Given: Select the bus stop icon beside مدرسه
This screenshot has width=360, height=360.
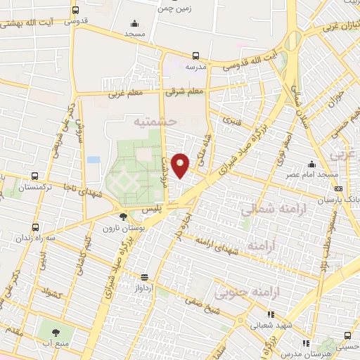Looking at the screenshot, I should point(196,56).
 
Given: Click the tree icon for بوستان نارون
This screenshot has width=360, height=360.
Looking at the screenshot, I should point(124,217).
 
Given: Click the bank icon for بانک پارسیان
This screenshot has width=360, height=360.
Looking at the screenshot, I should point(338,188).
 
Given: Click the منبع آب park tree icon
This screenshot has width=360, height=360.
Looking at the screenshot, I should point(55,328).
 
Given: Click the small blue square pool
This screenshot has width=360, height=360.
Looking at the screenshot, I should point(94,160).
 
